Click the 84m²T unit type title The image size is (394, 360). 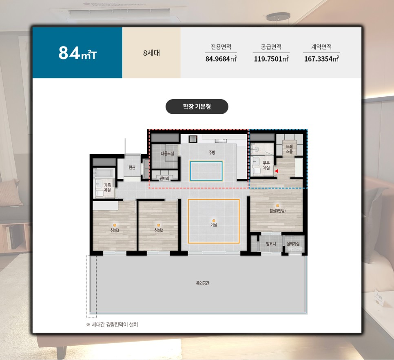(x=77, y=53)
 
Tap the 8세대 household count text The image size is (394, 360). (x=151, y=53)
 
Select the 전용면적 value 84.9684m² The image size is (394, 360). (x=221, y=59)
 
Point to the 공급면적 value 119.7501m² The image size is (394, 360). (x=271, y=59)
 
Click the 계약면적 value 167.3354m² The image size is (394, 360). (x=321, y=59)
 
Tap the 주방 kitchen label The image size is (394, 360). (x=212, y=152)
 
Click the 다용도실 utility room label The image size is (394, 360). (x=167, y=153)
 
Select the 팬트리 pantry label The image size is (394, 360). (x=164, y=178)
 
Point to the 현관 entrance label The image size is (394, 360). (x=132, y=167)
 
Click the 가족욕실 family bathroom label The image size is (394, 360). (x=107, y=187)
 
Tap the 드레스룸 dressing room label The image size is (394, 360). (x=289, y=149)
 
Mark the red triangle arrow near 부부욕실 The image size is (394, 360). (x=276, y=171)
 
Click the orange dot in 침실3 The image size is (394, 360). (x=115, y=225)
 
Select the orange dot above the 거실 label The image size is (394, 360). (x=214, y=221)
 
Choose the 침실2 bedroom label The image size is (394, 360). (x=159, y=230)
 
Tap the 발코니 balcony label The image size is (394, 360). (x=271, y=244)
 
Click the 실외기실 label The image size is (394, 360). (x=293, y=244)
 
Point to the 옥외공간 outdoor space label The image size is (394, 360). (x=203, y=283)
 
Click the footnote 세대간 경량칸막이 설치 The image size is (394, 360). (x=115, y=324)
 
